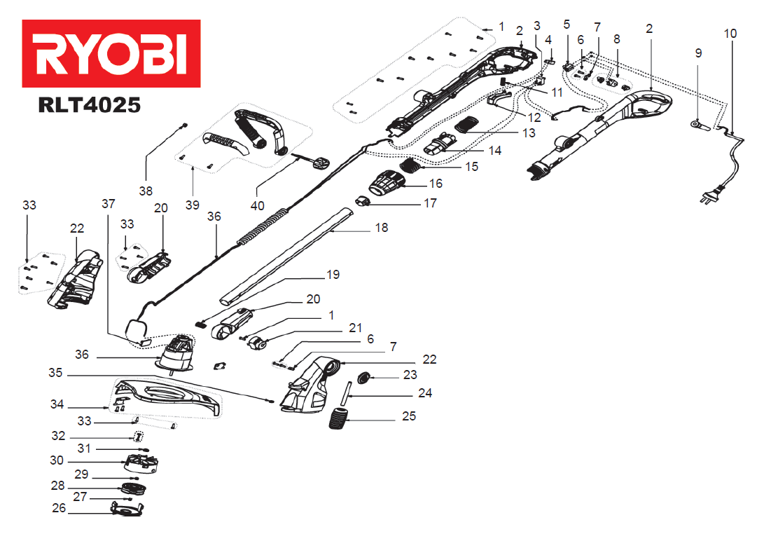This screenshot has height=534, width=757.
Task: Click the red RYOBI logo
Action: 111,54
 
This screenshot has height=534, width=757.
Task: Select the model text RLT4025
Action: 90,105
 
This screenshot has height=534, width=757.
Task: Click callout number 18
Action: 382,228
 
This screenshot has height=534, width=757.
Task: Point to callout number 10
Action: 730,34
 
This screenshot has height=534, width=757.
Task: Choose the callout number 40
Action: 257,205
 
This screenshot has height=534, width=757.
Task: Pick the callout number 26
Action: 59,508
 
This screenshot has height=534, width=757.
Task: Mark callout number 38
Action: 146,191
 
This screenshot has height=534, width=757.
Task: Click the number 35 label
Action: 55,373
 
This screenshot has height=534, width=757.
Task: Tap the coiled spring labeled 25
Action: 338,418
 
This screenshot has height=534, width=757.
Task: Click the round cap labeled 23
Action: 363,377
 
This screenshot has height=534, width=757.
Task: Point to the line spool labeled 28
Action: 133,488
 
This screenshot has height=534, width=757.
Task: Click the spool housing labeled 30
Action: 141,464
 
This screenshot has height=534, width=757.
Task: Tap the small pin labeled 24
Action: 346,395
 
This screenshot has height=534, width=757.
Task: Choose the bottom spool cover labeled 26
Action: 127,509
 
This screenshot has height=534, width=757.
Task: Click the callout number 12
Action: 534,118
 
